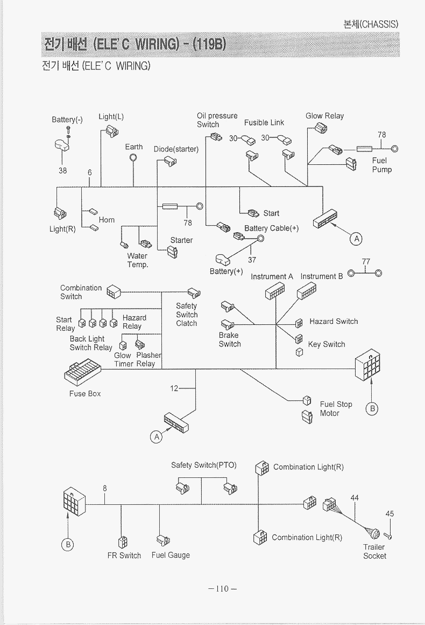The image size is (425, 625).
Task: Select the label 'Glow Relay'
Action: click(324, 116)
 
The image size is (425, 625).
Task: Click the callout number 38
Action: click(62, 170)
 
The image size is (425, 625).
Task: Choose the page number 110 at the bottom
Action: click(222, 588)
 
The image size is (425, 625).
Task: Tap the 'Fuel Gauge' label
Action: click(171, 555)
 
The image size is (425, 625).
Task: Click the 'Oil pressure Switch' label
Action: click(217, 120)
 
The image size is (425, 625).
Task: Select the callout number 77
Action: click(366, 262)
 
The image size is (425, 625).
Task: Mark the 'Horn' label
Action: click(107, 220)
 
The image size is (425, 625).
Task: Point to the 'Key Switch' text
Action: click(327, 344)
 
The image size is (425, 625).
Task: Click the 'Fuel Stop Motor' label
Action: click(336, 408)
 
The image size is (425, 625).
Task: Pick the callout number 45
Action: click(390, 513)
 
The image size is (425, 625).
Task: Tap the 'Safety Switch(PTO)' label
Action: click(204, 465)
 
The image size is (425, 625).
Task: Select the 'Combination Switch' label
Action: click(81, 292)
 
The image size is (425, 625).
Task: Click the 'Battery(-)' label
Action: click(67, 120)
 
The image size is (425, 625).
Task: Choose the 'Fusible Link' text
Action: click(264, 123)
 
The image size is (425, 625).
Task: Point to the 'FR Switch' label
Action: click(124, 555)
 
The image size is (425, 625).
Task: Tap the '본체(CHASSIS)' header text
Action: click(371, 24)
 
